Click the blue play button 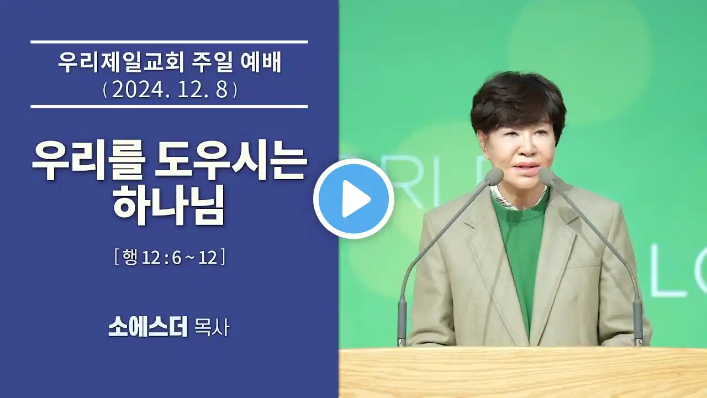(353, 199)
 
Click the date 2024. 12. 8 (170, 90)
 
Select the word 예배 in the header (261, 63)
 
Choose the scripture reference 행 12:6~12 (170, 257)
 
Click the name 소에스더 (147, 327)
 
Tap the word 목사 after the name (212, 327)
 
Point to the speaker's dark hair (518, 101)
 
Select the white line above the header (169, 42)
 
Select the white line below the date (169, 107)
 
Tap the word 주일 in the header (212, 63)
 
